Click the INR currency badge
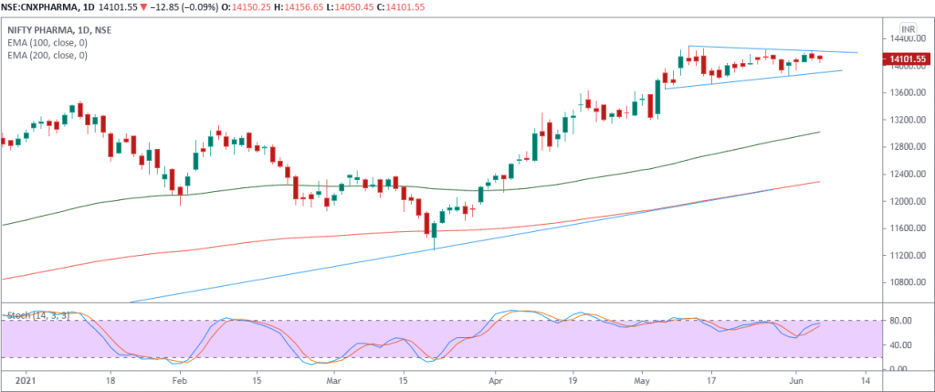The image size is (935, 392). tap(907, 27)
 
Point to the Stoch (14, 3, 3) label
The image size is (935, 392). tap(36, 315)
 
